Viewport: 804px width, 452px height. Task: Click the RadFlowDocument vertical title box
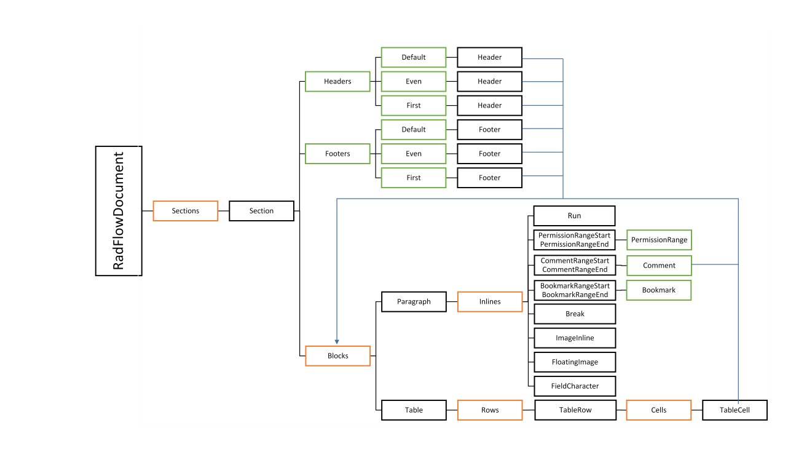tap(119, 211)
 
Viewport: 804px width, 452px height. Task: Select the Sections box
tap(186, 211)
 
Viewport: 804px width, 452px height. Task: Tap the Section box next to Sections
tap(261, 211)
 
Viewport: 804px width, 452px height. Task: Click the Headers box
tap(337, 81)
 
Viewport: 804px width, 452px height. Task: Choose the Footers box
tap(337, 154)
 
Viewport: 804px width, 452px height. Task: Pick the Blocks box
tap(337, 356)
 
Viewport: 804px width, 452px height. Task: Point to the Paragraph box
tap(414, 302)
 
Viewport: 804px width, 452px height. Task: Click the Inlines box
tap(490, 302)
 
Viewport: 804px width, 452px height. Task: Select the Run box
tap(574, 216)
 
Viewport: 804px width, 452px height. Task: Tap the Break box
tap(575, 314)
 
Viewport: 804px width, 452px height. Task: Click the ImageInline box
tap(575, 338)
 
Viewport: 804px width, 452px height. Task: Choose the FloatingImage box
tap(575, 362)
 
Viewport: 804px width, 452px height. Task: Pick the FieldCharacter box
tap(575, 386)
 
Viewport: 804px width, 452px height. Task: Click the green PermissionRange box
tap(659, 240)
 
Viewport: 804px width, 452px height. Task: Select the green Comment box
tap(659, 266)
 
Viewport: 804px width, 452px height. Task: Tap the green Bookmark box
tap(659, 290)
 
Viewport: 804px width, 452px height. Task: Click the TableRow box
tap(575, 410)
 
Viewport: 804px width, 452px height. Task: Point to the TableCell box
tap(735, 410)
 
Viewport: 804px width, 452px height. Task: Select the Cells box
tap(659, 410)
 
